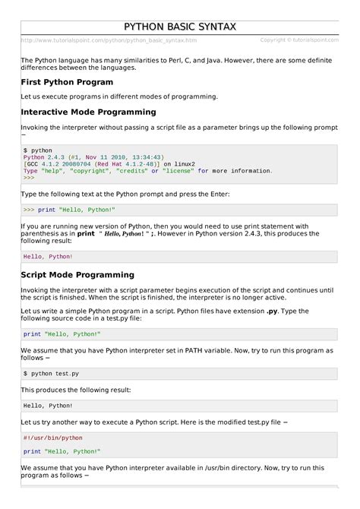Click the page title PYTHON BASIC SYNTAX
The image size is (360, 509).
point(179,27)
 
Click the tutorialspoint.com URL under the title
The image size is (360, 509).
point(109,40)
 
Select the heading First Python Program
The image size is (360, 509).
point(67,81)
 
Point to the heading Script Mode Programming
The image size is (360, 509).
point(77,274)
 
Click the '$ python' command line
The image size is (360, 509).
point(38,150)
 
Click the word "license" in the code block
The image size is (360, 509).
point(178,171)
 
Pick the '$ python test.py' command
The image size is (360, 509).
point(51,374)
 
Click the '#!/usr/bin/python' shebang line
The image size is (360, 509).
point(53,438)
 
